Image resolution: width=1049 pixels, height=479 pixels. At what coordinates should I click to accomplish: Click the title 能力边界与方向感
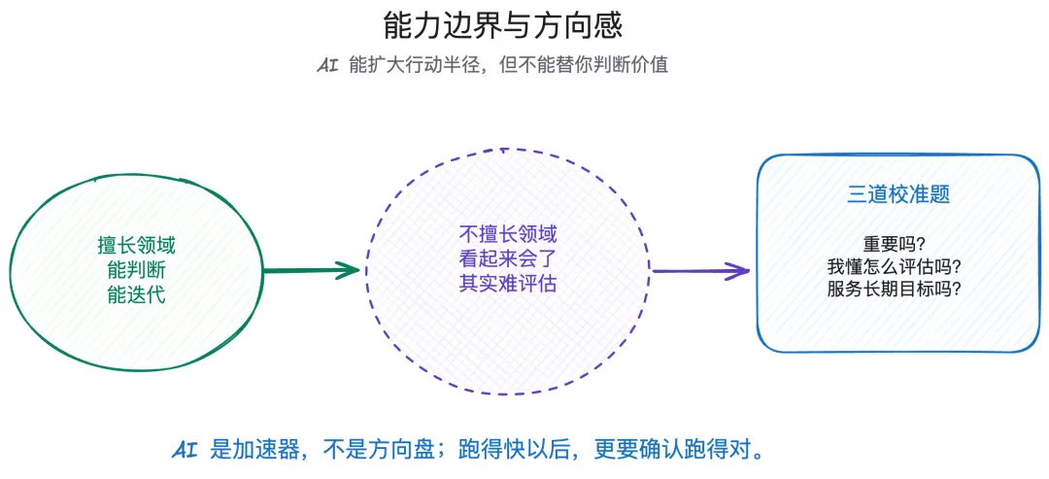tap(502, 25)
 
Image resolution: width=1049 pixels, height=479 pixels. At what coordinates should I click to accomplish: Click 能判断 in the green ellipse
tap(136, 269)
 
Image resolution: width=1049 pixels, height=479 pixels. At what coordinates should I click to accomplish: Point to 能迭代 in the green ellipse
tap(136, 293)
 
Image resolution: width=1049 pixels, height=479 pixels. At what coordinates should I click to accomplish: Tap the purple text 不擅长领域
tap(507, 235)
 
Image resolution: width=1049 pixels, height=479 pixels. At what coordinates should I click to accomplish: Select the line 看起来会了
tap(507, 259)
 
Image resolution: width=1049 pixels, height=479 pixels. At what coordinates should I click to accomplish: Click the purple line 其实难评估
tap(507, 284)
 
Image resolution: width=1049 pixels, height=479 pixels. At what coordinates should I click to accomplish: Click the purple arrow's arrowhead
tap(740, 271)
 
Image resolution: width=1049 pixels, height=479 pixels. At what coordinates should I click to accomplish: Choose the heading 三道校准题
tap(897, 194)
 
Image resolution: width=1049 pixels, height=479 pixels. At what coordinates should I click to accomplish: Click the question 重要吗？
tap(897, 243)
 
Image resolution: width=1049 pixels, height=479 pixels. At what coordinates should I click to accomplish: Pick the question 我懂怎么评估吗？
tap(897, 266)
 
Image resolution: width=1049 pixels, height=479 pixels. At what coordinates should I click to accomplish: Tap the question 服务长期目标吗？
tap(897, 289)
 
